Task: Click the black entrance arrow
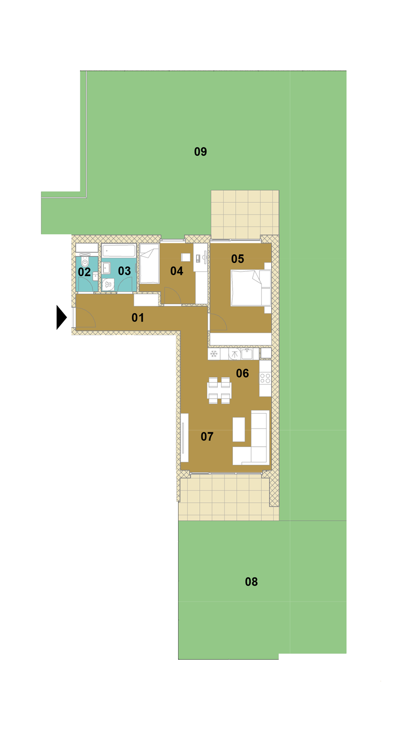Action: (x=61, y=317)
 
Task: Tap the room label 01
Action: (x=138, y=318)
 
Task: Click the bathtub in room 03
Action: (x=119, y=251)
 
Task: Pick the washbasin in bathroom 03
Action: (x=106, y=268)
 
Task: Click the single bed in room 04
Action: (x=149, y=264)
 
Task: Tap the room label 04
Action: (x=177, y=271)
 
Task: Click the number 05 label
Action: (x=237, y=259)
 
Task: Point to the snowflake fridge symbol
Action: (x=214, y=354)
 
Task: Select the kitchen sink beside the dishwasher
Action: (x=247, y=354)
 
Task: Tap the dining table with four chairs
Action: (x=219, y=390)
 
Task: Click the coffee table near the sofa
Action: (x=239, y=429)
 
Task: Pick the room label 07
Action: (x=207, y=436)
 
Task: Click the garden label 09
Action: (x=201, y=152)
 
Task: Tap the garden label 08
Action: (x=251, y=582)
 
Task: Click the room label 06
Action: (x=242, y=373)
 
